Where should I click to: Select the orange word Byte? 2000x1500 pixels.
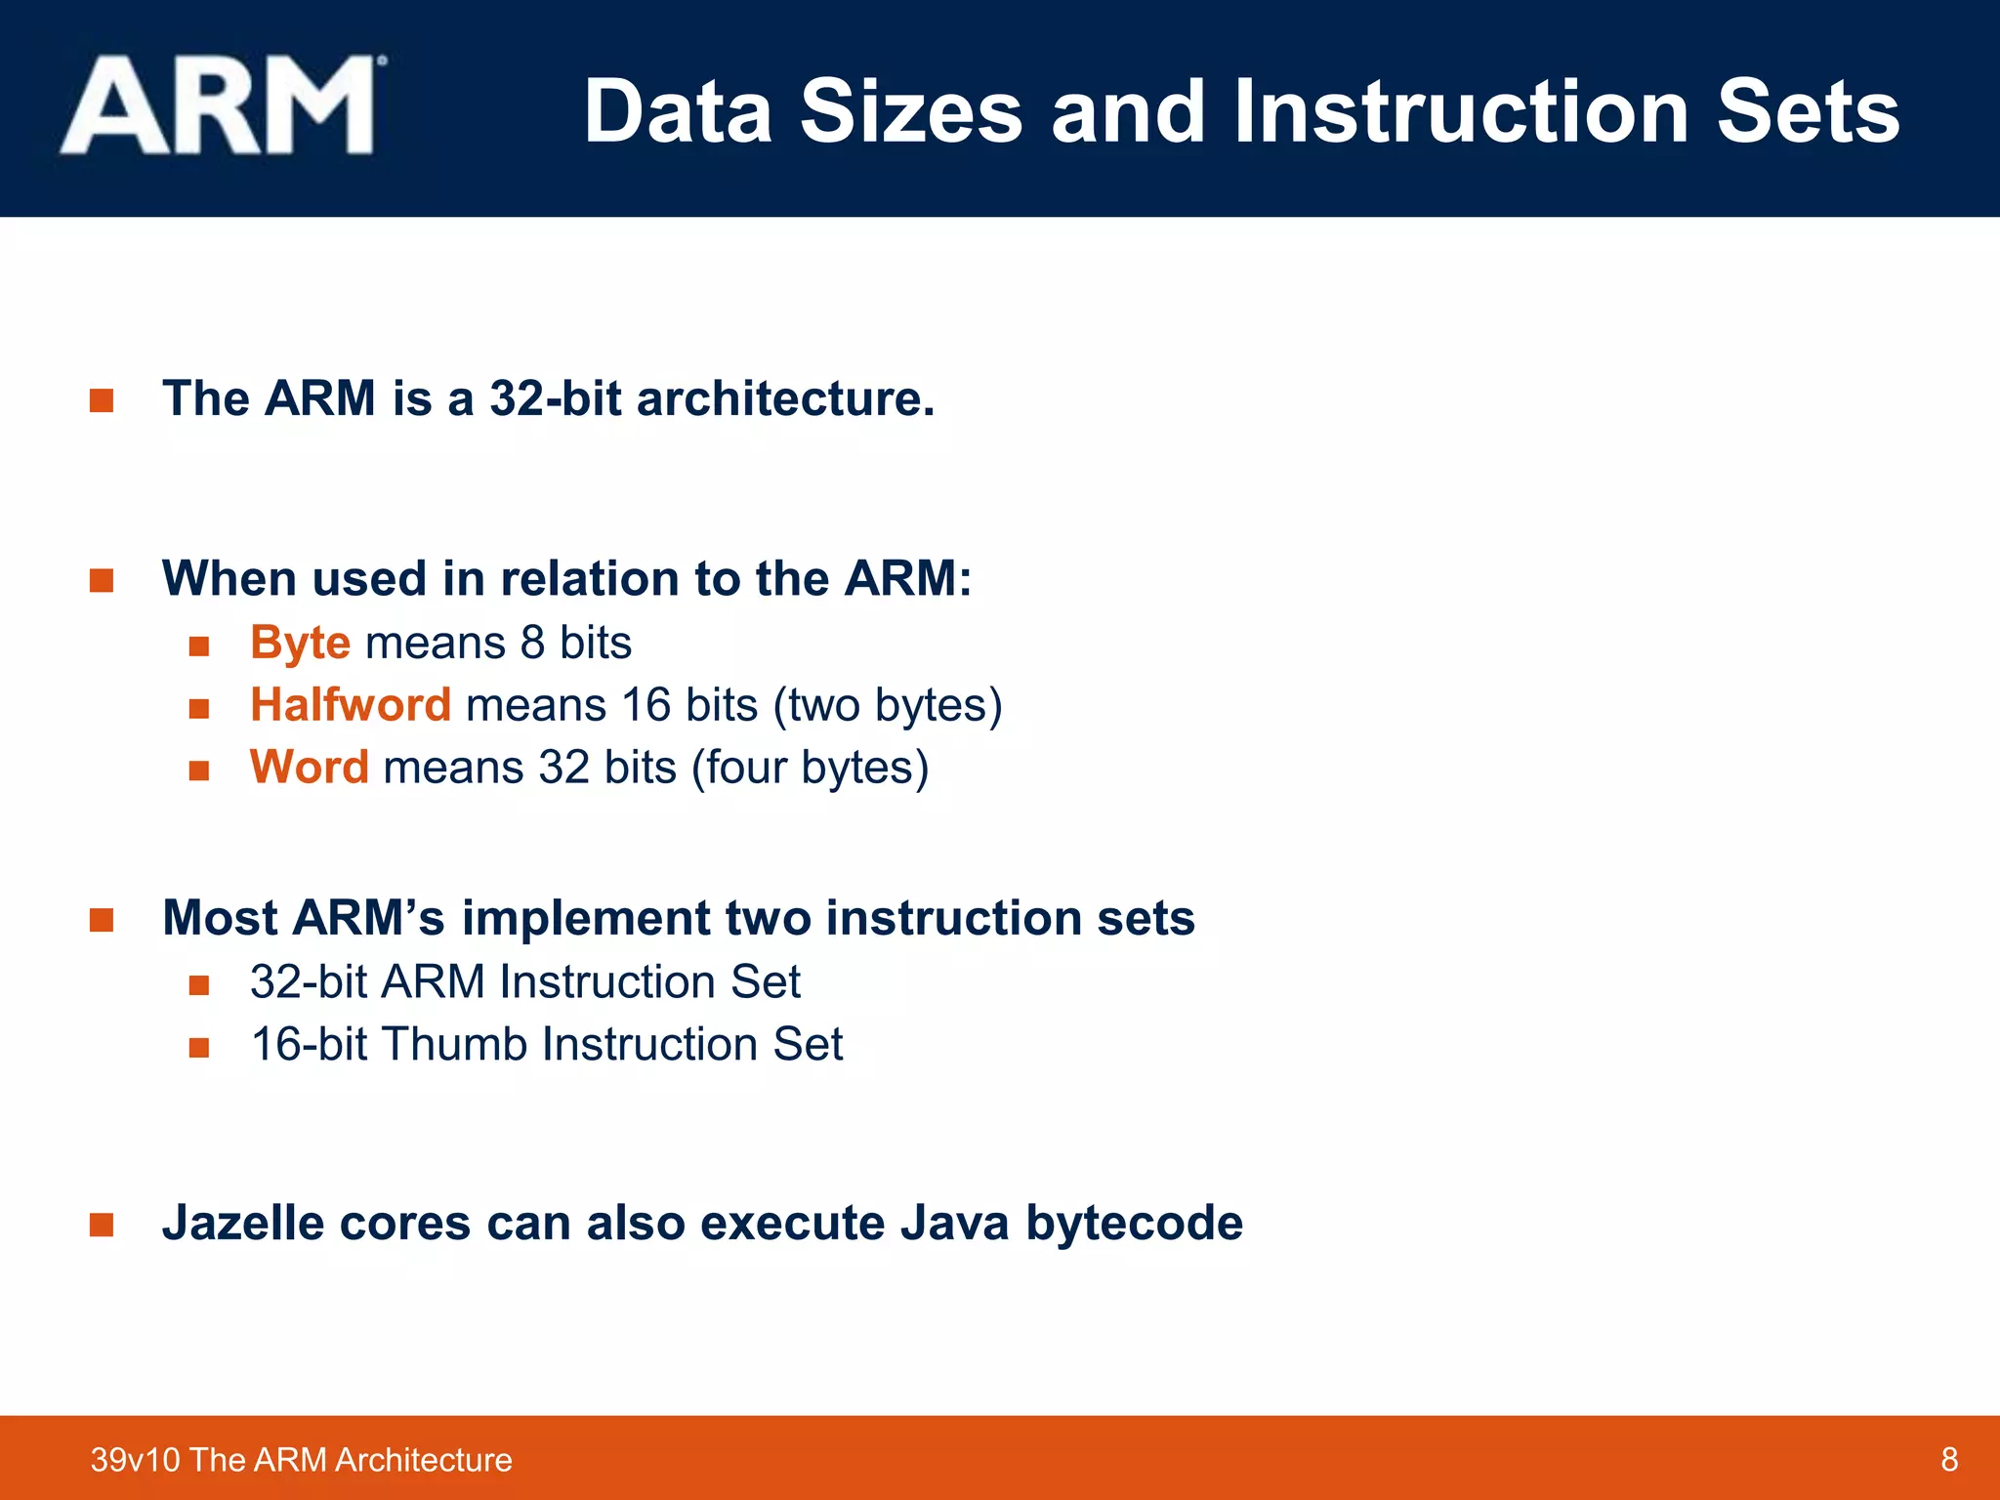[300, 643]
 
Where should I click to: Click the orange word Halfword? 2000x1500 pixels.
[351, 704]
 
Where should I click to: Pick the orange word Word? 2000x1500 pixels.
[309, 767]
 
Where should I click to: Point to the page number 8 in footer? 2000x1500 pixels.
[1949, 1459]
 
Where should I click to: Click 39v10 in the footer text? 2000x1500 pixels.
[136, 1460]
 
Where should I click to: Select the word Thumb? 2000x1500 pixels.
[454, 1044]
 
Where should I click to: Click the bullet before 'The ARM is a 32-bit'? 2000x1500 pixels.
[102, 400]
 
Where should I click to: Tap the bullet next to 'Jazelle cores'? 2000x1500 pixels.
[102, 1225]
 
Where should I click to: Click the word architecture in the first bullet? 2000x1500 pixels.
[784, 398]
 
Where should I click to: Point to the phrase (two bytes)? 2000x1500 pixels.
[887, 705]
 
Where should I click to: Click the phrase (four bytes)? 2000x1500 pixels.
[810, 768]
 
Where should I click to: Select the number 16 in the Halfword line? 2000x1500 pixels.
[646, 705]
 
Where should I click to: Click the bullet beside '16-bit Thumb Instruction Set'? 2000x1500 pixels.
[199, 1048]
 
